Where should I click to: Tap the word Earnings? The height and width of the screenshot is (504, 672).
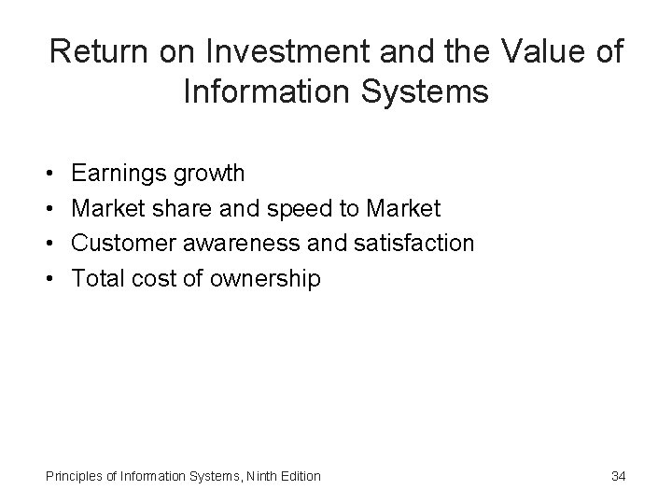click(x=118, y=173)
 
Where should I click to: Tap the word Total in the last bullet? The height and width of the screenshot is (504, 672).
click(x=96, y=278)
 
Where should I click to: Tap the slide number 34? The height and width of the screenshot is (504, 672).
click(x=618, y=476)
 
